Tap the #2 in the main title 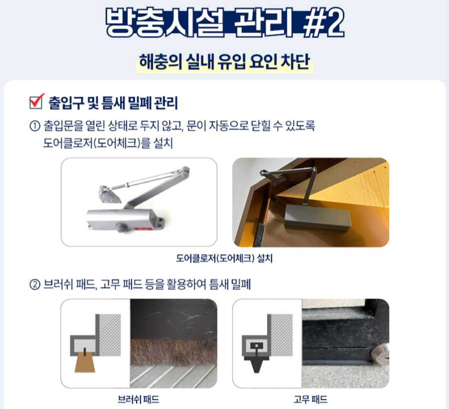(x=323, y=22)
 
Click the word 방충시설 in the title (x=165, y=22)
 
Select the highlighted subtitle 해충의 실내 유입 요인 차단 (x=224, y=62)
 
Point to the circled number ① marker (x=35, y=126)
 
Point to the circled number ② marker (x=35, y=285)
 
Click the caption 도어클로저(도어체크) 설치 (x=224, y=258)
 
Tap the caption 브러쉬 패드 (x=139, y=399)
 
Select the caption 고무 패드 (x=310, y=399)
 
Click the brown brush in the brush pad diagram (x=85, y=363)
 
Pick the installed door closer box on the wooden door (x=317, y=216)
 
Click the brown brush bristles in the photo (x=173, y=352)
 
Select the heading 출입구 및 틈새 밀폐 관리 (x=114, y=103)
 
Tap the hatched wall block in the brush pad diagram (x=110, y=335)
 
